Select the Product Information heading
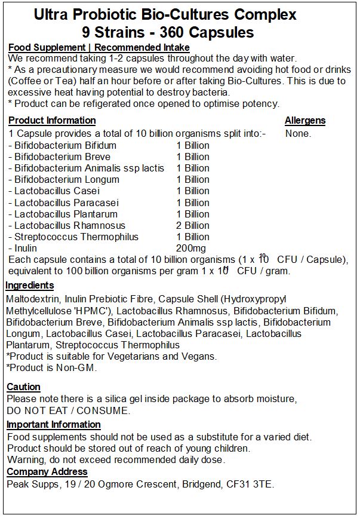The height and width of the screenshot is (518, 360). [52, 121]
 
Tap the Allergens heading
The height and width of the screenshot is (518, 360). [305, 121]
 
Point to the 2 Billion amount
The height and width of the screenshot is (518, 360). [193, 225]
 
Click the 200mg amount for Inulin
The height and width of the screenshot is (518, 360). [192, 248]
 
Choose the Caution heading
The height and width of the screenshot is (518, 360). [23, 387]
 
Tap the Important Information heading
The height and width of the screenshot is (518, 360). [54, 425]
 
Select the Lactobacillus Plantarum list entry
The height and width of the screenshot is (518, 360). [64, 214]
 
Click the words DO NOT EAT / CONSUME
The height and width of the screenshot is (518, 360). [68, 410]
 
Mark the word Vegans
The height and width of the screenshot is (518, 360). [199, 357]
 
